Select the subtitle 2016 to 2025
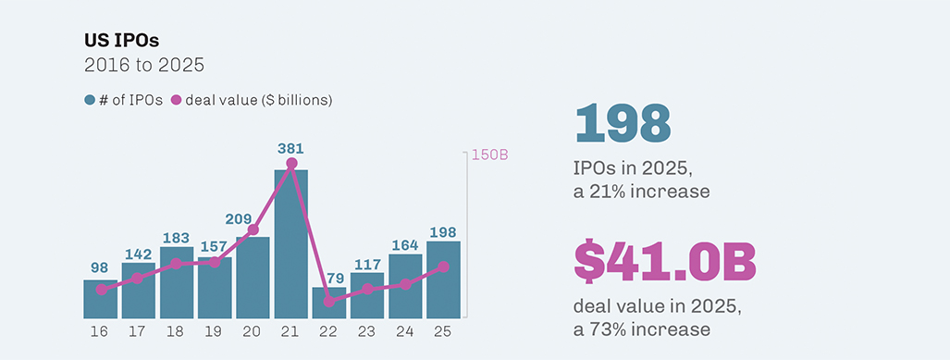[143, 66]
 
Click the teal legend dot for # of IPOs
[90, 99]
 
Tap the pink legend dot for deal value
[176, 99]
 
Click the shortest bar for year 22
[328, 303]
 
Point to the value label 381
[290, 148]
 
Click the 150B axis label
[490, 155]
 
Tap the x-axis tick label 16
[100, 329]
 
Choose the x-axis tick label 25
[443, 329]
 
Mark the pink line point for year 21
[291, 164]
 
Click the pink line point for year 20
[253, 230]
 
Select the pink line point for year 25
[443, 267]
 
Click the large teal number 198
[622, 124]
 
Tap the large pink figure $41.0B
[665, 262]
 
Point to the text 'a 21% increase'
[641, 192]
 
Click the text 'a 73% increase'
[641, 329]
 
